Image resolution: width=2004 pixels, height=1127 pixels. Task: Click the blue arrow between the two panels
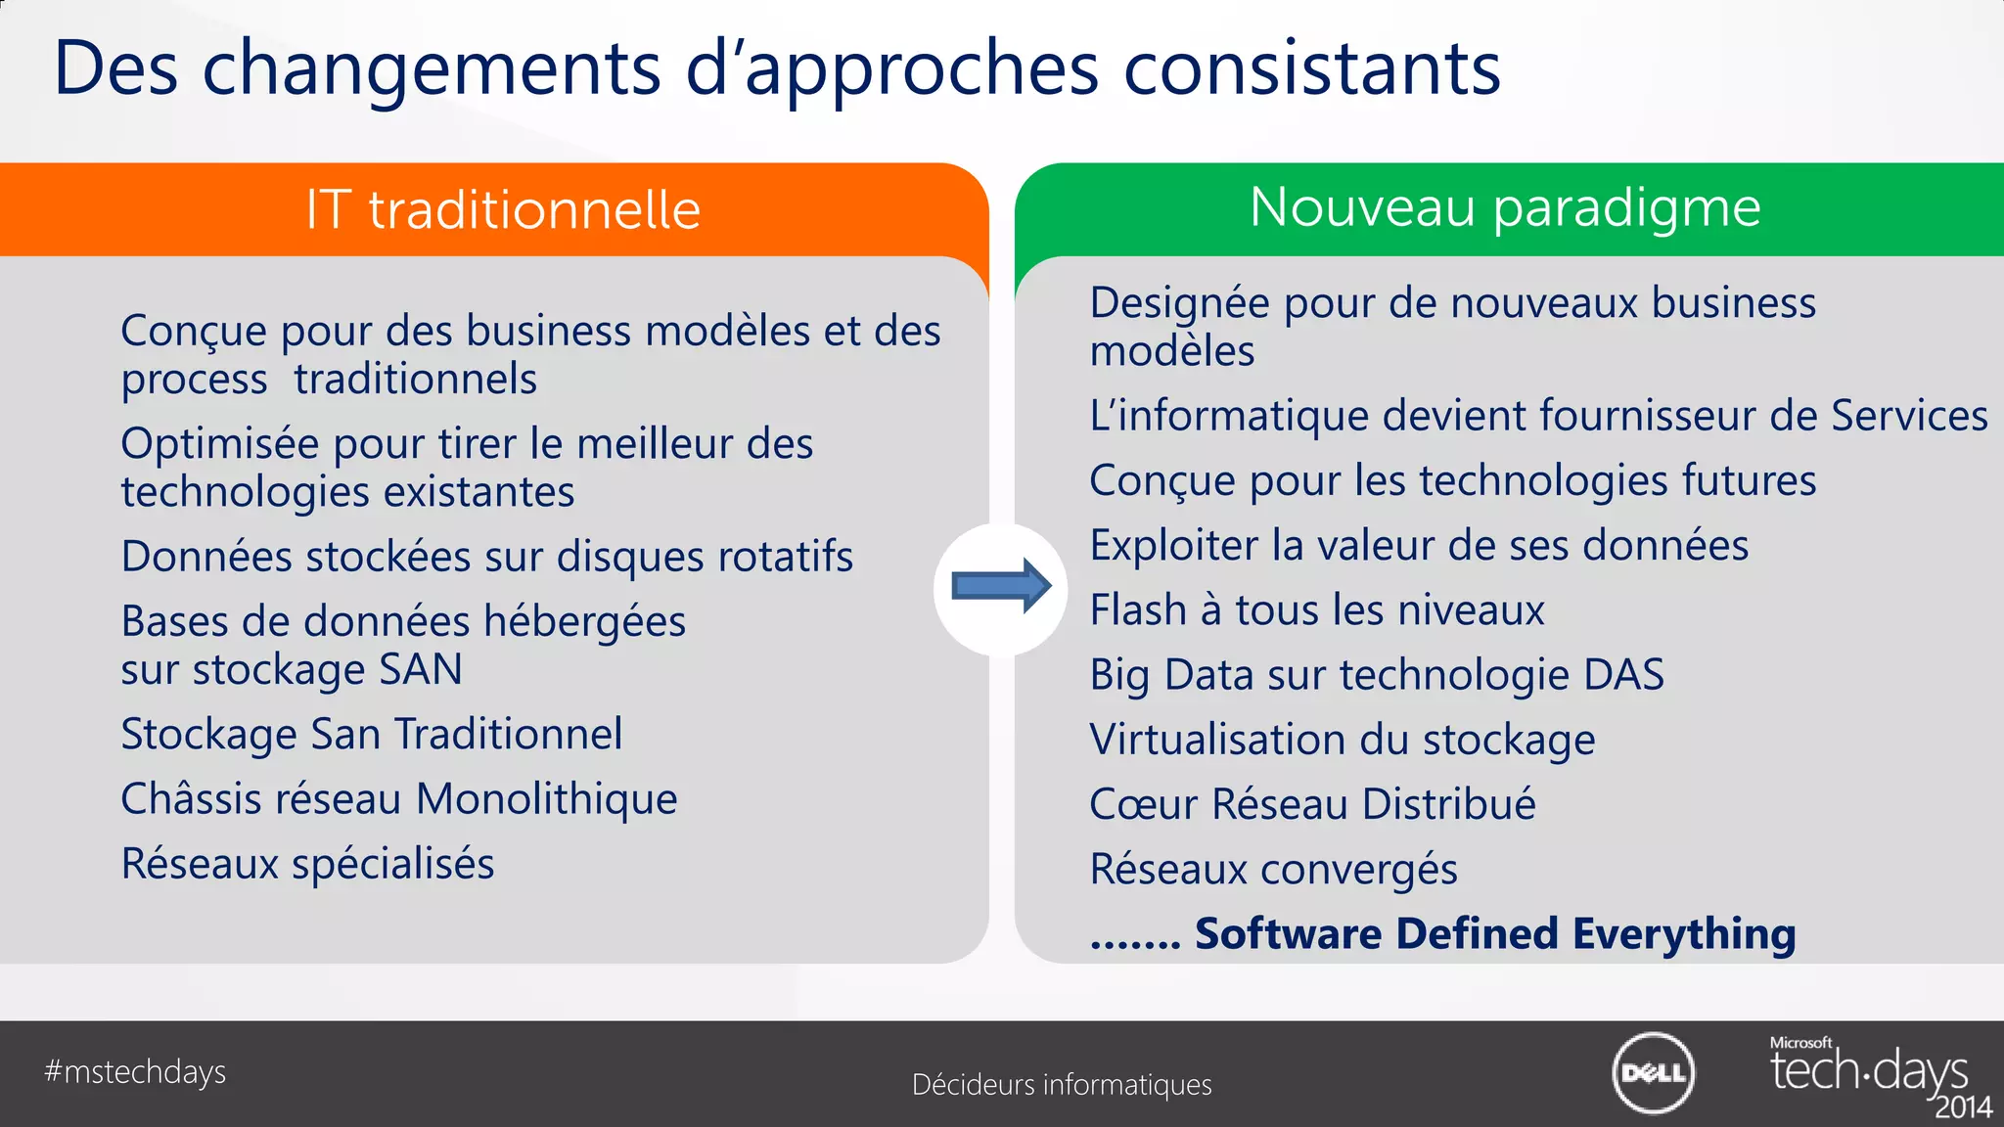pos(1001,586)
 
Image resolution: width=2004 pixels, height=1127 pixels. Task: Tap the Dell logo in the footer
pos(1654,1073)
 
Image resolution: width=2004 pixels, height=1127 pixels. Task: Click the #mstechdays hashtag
pos(135,1072)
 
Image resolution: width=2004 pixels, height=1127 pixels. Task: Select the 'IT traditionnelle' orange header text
pos(503,209)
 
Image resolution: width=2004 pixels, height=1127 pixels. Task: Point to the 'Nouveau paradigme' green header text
pos(1505,207)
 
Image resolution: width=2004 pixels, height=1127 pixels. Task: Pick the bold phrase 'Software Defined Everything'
pos(1495,933)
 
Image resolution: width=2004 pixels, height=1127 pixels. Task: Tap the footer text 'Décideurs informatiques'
pos(1062,1085)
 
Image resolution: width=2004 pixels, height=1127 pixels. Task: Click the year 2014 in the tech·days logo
pos(1963,1107)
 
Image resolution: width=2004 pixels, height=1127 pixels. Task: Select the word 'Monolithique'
pos(547,799)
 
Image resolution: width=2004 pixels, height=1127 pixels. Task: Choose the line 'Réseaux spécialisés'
pos(307,864)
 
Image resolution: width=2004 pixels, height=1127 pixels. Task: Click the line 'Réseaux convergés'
pos(1273,869)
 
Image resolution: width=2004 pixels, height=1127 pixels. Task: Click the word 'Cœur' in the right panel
pos(1143,804)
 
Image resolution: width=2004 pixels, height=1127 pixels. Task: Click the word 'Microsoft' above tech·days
pos(1800,1043)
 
